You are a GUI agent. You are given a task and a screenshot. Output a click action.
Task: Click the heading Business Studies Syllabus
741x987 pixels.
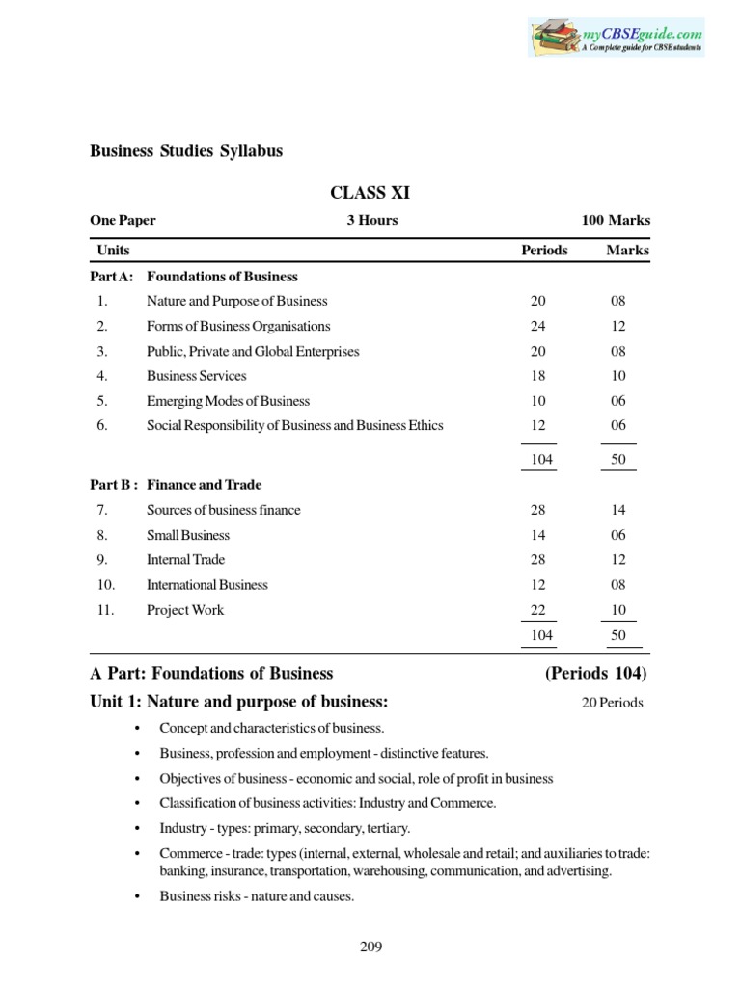click(186, 151)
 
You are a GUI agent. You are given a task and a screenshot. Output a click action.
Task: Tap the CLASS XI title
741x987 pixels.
click(370, 193)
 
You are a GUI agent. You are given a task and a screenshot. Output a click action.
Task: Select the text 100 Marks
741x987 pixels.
click(615, 221)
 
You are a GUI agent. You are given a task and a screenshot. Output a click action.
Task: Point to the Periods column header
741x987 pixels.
click(544, 251)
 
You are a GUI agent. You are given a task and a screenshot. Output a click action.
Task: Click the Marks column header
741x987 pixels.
click(627, 251)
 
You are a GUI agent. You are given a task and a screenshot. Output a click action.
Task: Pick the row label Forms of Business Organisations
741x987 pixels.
click(237, 327)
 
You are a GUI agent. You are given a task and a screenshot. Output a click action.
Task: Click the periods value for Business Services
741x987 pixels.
click(538, 376)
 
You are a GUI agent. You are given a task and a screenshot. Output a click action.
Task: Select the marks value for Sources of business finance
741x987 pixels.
click(618, 510)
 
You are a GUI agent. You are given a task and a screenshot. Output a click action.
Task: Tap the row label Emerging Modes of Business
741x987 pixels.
click(228, 401)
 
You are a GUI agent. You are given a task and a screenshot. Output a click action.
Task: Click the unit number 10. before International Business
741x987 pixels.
click(105, 585)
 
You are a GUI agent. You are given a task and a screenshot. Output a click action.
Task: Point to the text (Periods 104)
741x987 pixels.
click(596, 674)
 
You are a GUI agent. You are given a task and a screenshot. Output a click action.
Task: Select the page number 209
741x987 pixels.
click(370, 947)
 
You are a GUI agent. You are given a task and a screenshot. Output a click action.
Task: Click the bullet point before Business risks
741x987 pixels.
click(139, 896)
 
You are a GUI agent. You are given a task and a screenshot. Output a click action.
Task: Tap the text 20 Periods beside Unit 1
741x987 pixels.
click(612, 703)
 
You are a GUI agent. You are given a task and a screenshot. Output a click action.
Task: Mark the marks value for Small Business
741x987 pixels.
click(618, 535)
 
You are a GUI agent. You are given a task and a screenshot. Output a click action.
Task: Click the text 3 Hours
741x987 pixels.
click(372, 221)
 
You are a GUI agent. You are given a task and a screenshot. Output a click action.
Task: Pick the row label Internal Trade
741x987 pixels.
click(185, 560)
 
